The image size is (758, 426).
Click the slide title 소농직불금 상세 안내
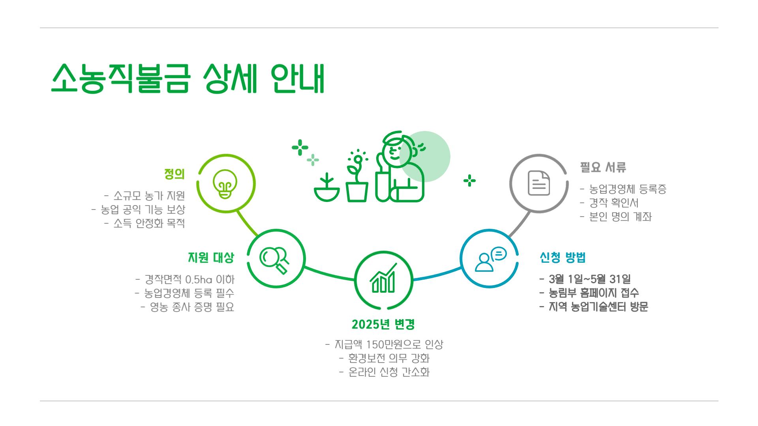tap(188, 78)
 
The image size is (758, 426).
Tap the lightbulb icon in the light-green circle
tap(225, 184)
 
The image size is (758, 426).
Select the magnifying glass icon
tap(275, 259)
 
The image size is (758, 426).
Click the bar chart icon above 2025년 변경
tap(383, 279)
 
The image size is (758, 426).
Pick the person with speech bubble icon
tap(490, 259)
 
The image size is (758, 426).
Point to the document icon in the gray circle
tap(539, 183)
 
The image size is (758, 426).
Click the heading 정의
tap(174, 174)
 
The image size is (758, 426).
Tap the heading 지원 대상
tap(211, 258)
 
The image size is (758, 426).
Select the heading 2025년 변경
tap(383, 325)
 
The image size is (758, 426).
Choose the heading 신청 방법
tap(563, 258)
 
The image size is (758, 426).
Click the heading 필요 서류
tap(603, 167)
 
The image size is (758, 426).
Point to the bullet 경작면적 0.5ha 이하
tap(189, 280)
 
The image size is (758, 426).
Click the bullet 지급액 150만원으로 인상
tap(388, 345)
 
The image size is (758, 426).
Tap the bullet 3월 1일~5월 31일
tap(589, 279)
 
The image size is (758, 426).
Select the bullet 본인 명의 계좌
tap(620, 217)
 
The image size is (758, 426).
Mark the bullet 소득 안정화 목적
tap(149, 223)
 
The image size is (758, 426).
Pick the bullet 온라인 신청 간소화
tap(388, 372)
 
